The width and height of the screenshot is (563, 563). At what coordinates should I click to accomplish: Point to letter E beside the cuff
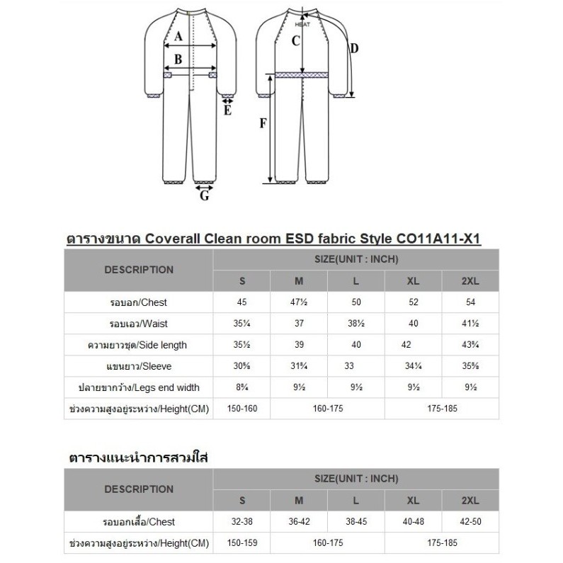click(x=227, y=110)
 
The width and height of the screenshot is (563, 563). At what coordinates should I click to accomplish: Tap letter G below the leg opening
click(x=204, y=196)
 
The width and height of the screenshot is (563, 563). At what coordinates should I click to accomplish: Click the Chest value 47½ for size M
click(x=299, y=303)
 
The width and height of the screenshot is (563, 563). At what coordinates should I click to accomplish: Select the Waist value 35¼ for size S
click(x=242, y=324)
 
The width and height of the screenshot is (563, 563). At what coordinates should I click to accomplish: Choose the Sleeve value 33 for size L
click(x=356, y=366)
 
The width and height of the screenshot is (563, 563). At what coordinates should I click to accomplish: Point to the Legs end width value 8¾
click(x=242, y=387)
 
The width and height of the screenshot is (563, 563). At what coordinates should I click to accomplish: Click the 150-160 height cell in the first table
click(x=242, y=409)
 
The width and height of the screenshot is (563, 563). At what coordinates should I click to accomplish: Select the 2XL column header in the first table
click(x=470, y=281)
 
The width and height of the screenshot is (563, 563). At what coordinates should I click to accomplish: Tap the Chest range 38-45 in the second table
click(x=356, y=522)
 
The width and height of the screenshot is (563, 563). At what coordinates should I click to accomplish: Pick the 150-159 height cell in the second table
click(x=242, y=543)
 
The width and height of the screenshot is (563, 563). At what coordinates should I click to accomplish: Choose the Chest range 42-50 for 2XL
click(x=470, y=522)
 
